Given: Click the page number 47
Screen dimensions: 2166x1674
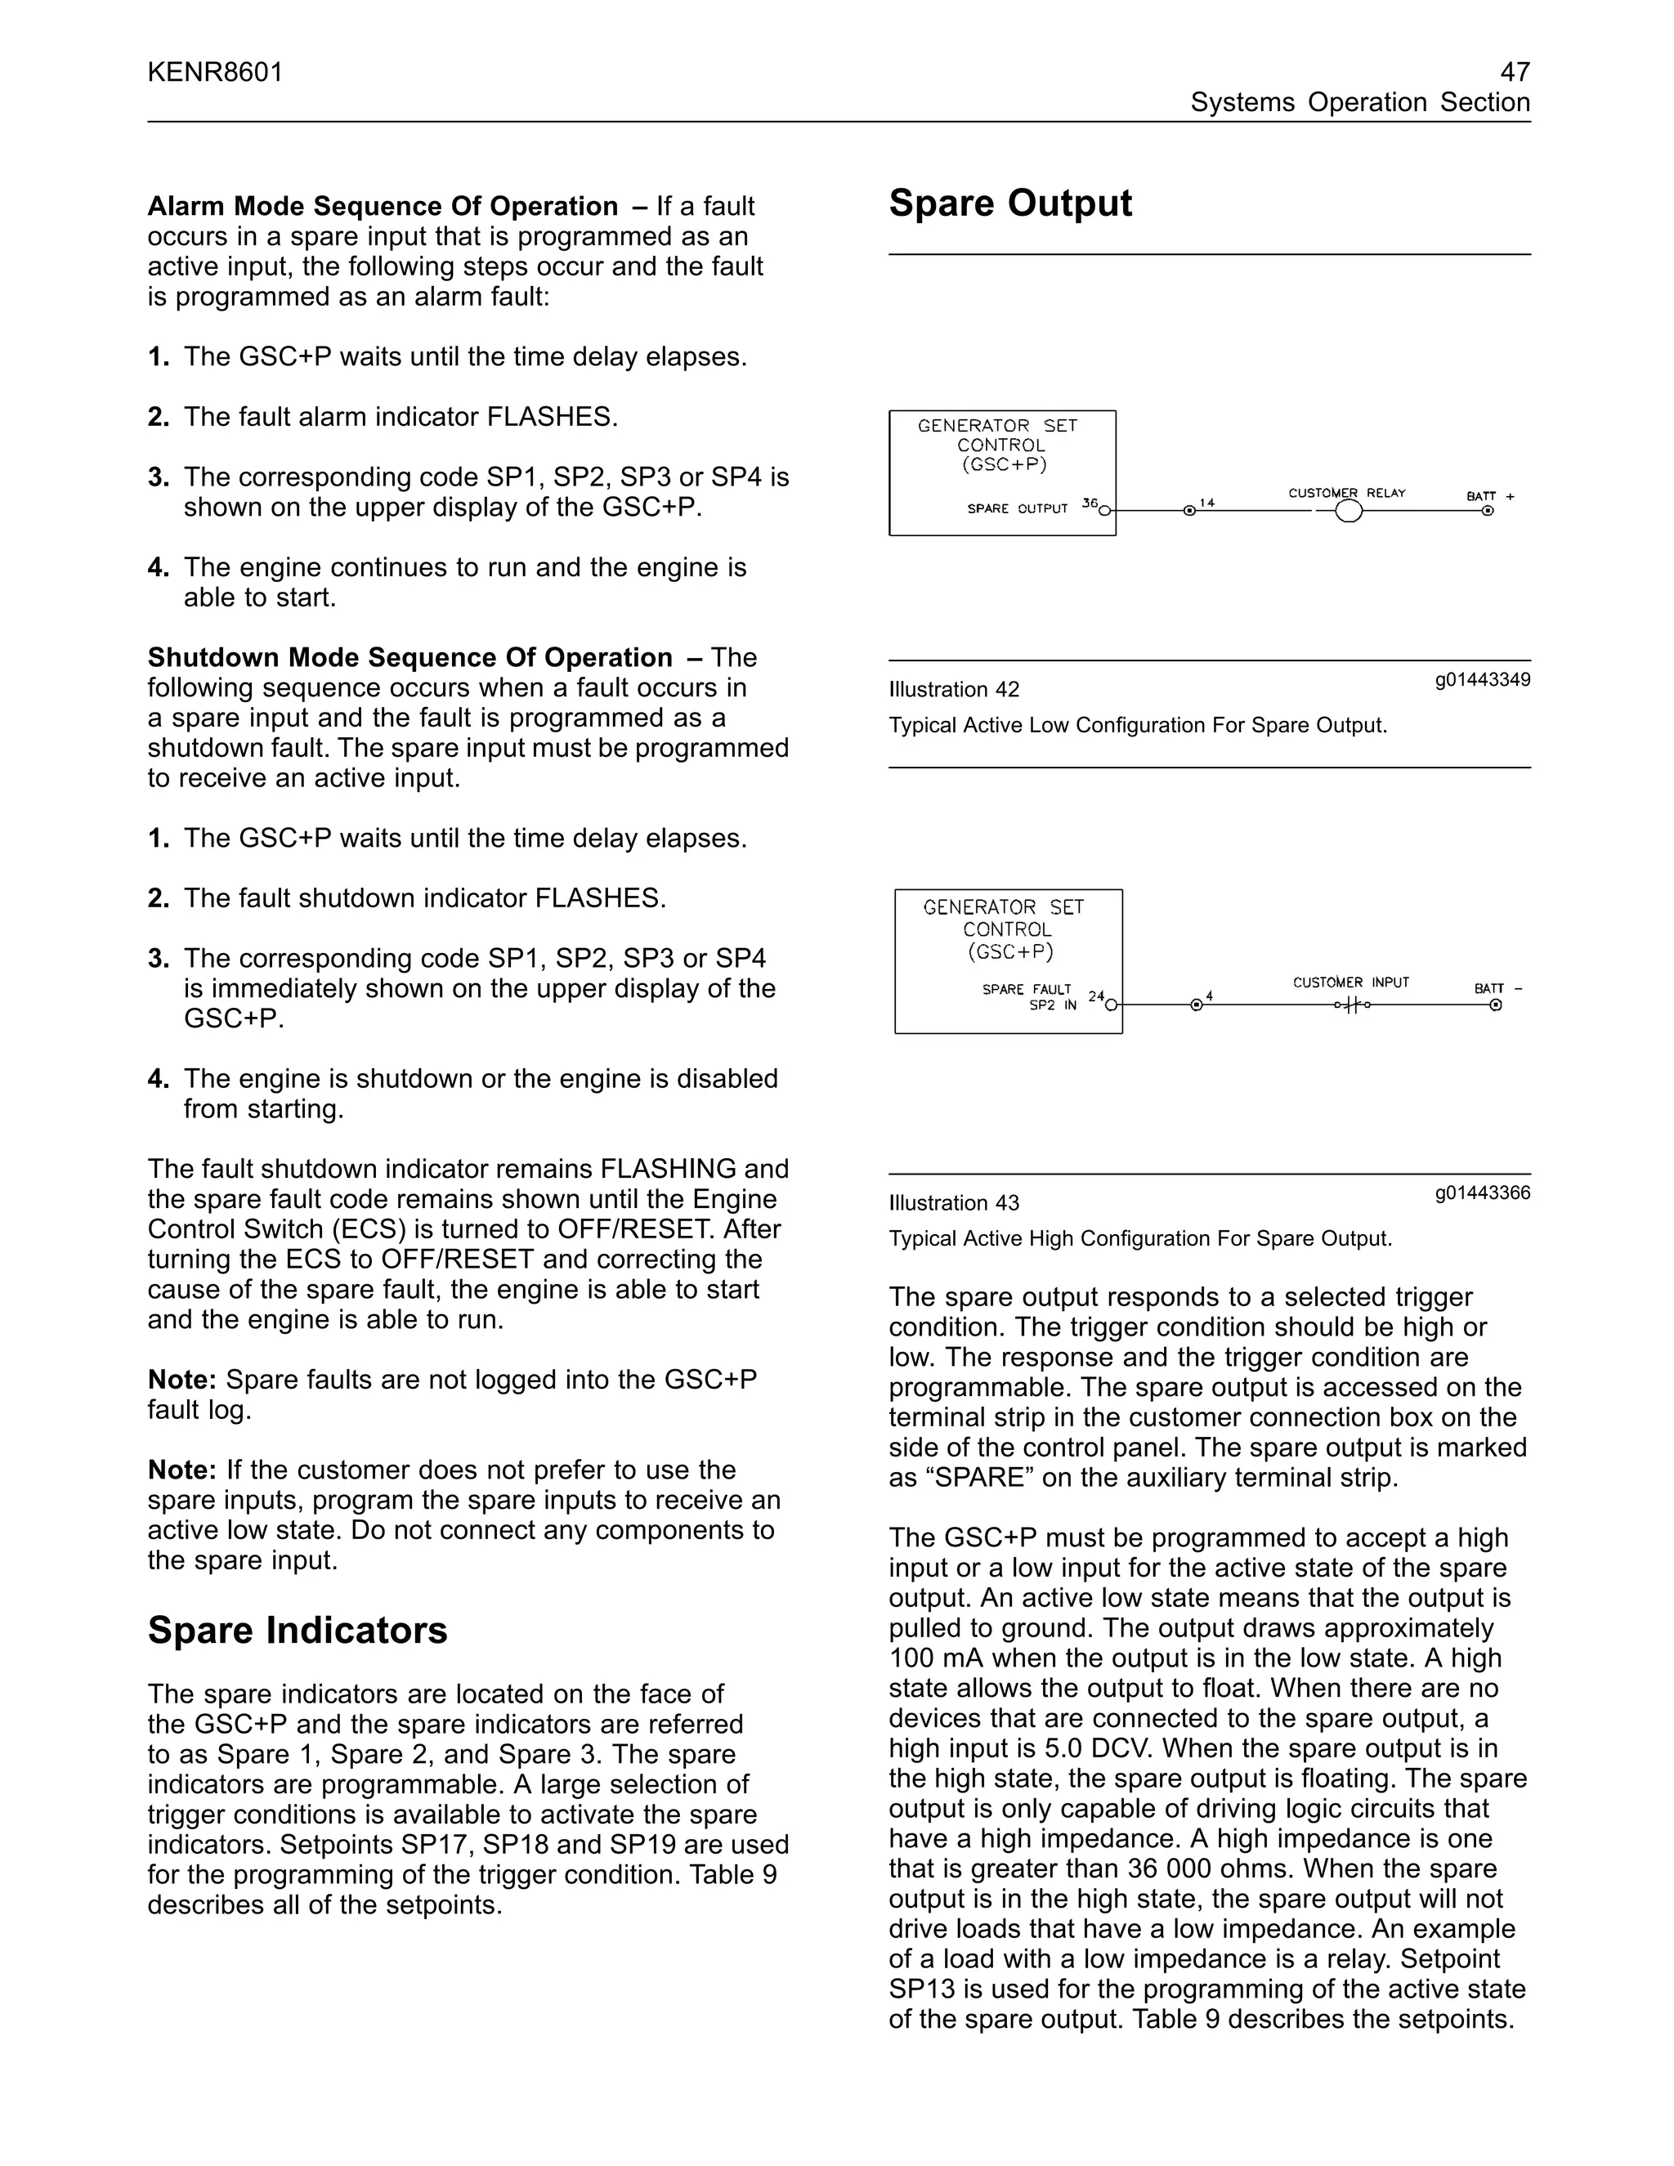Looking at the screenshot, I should click(1515, 71).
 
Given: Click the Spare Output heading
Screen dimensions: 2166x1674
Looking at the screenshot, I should click(1009, 204).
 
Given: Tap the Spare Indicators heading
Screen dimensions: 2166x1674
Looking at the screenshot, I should click(298, 1631).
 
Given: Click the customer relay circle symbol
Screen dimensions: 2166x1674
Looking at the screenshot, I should click(1349, 512).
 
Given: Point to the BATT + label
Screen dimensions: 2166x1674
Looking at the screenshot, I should click(1489, 496).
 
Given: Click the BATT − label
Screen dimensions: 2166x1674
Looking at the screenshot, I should click(1497, 988).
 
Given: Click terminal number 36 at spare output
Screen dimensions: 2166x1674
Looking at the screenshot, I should click(1090, 503).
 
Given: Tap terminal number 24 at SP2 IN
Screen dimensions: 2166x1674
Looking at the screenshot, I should click(1096, 996).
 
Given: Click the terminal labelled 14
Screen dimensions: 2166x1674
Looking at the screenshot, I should click(1207, 503).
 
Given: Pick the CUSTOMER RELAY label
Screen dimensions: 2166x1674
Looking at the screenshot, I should click(1347, 493).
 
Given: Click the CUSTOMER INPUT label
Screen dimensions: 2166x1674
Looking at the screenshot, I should click(1350, 982).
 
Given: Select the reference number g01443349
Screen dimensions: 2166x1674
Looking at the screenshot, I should click(1482, 679).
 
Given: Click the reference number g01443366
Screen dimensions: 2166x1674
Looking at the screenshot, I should click(1482, 1192).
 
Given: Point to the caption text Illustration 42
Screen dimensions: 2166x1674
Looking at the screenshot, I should click(953, 689).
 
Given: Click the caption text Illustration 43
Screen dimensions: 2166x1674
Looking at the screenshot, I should click(953, 1203).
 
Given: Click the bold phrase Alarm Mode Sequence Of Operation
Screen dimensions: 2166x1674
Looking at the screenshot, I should click(382, 206).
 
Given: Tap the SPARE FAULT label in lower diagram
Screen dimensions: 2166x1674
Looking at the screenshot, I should click(1027, 989).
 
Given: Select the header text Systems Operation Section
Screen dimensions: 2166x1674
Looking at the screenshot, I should click(1359, 102).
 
